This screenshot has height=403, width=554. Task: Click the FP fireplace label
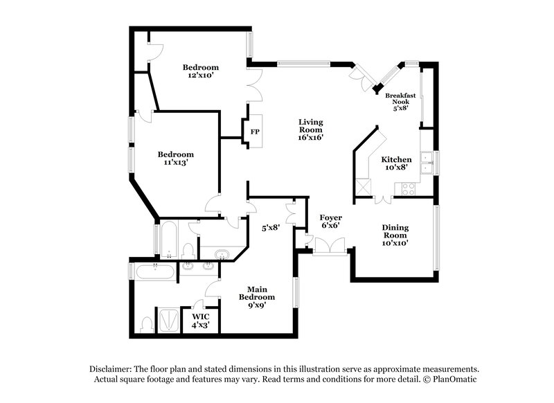click(255, 132)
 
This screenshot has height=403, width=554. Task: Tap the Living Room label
click(310, 129)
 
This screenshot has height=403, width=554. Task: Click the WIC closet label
click(201, 319)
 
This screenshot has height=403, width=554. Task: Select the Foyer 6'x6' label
click(330, 222)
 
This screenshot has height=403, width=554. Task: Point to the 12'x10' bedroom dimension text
click(201, 75)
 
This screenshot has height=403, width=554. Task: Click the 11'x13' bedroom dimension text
click(175, 163)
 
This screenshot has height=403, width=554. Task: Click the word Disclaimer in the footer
click(111, 369)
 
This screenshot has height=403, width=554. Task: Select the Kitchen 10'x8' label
click(397, 163)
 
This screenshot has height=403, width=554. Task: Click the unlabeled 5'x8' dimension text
click(270, 226)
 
